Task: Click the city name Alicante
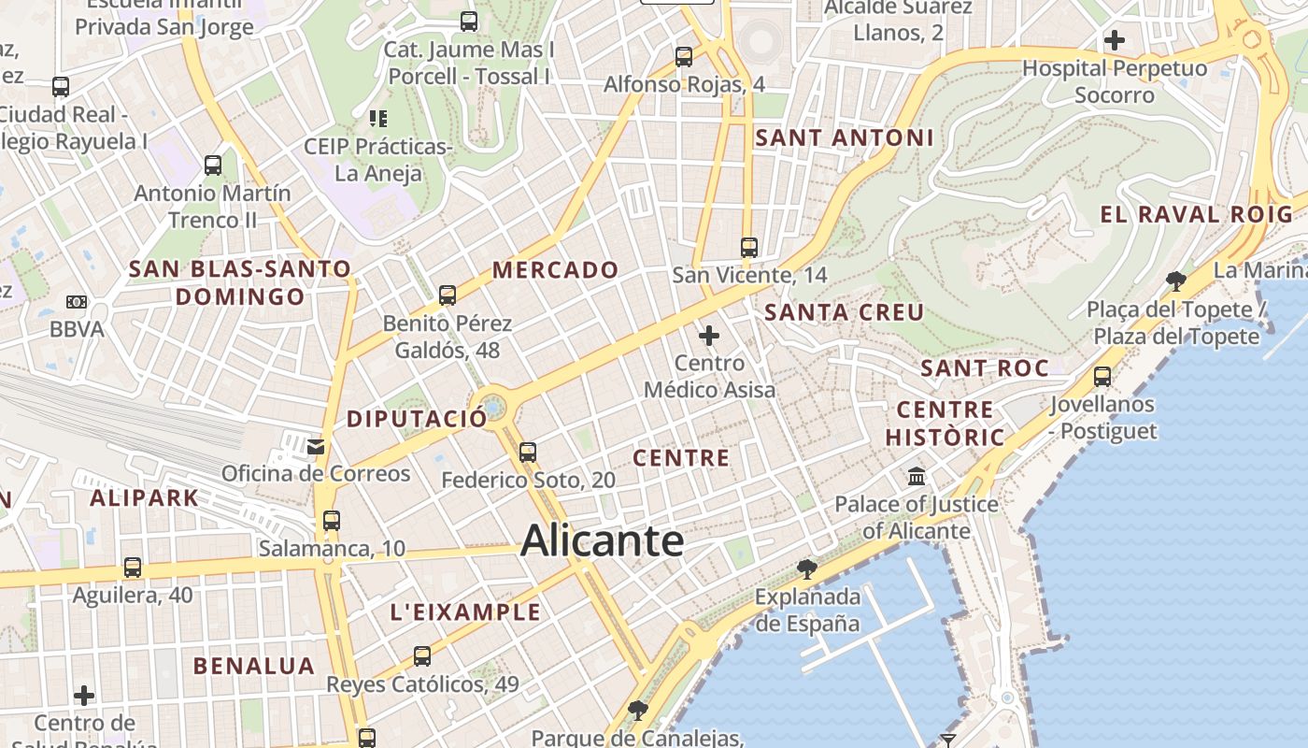pyautogui.click(x=602, y=541)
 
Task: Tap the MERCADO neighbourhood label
pyautogui.click(x=556, y=270)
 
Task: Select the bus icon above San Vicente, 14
pyautogui.click(x=749, y=248)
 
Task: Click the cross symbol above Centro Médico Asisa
pyautogui.click(x=709, y=335)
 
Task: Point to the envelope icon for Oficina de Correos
pyautogui.click(x=316, y=447)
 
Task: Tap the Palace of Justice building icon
pyautogui.click(x=917, y=477)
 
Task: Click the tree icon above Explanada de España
pyautogui.click(x=806, y=568)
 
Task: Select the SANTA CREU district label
pyautogui.click(x=845, y=312)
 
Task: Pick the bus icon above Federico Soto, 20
pyautogui.click(x=528, y=453)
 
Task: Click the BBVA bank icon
pyautogui.click(x=77, y=302)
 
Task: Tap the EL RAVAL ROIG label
pyautogui.click(x=1197, y=214)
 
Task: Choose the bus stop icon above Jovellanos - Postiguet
pyautogui.click(x=1102, y=377)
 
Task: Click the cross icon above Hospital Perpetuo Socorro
pyautogui.click(x=1114, y=40)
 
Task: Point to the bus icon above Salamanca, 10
pyautogui.click(x=332, y=521)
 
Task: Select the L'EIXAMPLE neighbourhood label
pyautogui.click(x=465, y=612)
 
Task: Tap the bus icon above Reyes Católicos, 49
pyautogui.click(x=422, y=656)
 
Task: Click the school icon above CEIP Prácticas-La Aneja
pyautogui.click(x=378, y=119)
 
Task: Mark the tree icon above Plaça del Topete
pyautogui.click(x=1176, y=280)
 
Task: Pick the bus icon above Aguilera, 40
pyautogui.click(x=133, y=568)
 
